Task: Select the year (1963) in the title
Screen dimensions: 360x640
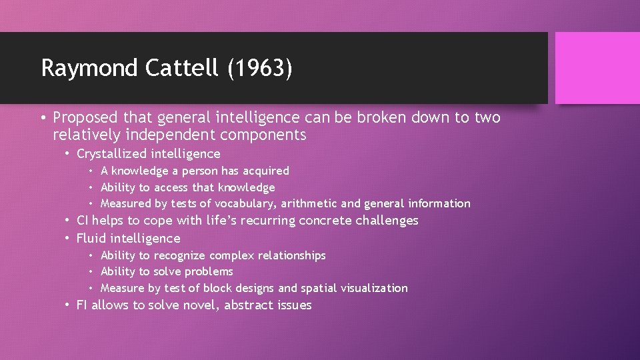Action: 259,68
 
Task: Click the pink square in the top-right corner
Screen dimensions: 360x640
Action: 597,67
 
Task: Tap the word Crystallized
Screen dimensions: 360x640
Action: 111,154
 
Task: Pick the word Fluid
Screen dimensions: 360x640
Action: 92,238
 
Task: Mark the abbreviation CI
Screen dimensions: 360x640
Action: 83,221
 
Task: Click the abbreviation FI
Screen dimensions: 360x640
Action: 82,305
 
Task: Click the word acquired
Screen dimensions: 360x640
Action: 267,171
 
